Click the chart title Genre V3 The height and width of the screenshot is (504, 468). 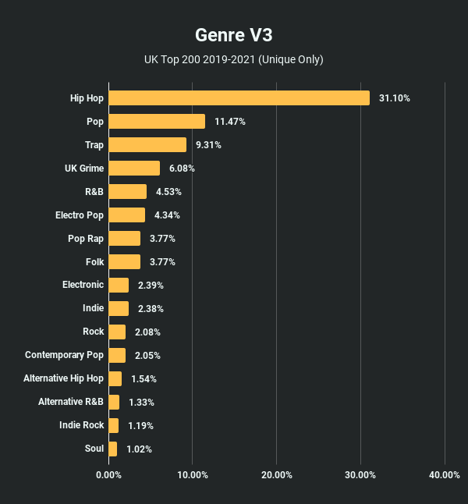[233, 36]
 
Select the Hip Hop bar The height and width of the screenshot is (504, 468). [239, 98]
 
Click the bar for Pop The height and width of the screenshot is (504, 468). [157, 121]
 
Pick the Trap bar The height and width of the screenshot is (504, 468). [147, 144]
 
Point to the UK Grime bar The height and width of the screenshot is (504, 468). [134, 168]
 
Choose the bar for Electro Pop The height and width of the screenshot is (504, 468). [126, 215]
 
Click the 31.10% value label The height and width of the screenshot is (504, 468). [395, 98]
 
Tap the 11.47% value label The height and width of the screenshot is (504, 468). [230, 122]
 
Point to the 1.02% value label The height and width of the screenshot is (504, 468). [139, 449]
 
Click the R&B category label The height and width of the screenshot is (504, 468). [94, 191]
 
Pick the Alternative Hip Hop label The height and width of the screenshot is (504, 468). [63, 378]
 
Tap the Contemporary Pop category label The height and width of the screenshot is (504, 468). [64, 355]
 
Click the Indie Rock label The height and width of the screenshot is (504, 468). [81, 425]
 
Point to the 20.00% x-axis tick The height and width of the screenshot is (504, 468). [276, 475]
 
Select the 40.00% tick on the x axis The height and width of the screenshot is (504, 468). [444, 475]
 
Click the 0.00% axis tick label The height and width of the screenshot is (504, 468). [108, 475]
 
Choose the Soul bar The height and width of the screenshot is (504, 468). [113, 449]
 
